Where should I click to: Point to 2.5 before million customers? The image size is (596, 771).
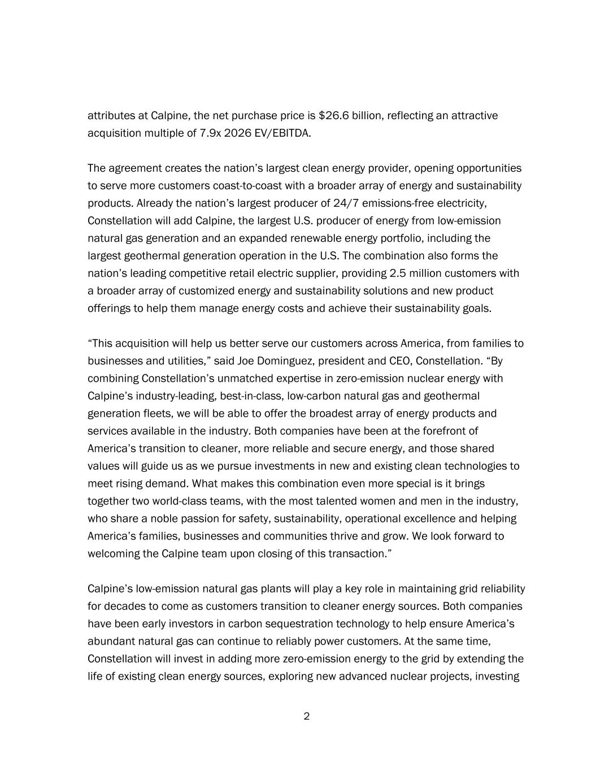(397, 273)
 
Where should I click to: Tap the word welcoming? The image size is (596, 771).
(114, 554)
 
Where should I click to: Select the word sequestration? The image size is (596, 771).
(301, 624)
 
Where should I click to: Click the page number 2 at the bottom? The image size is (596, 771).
(307, 717)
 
